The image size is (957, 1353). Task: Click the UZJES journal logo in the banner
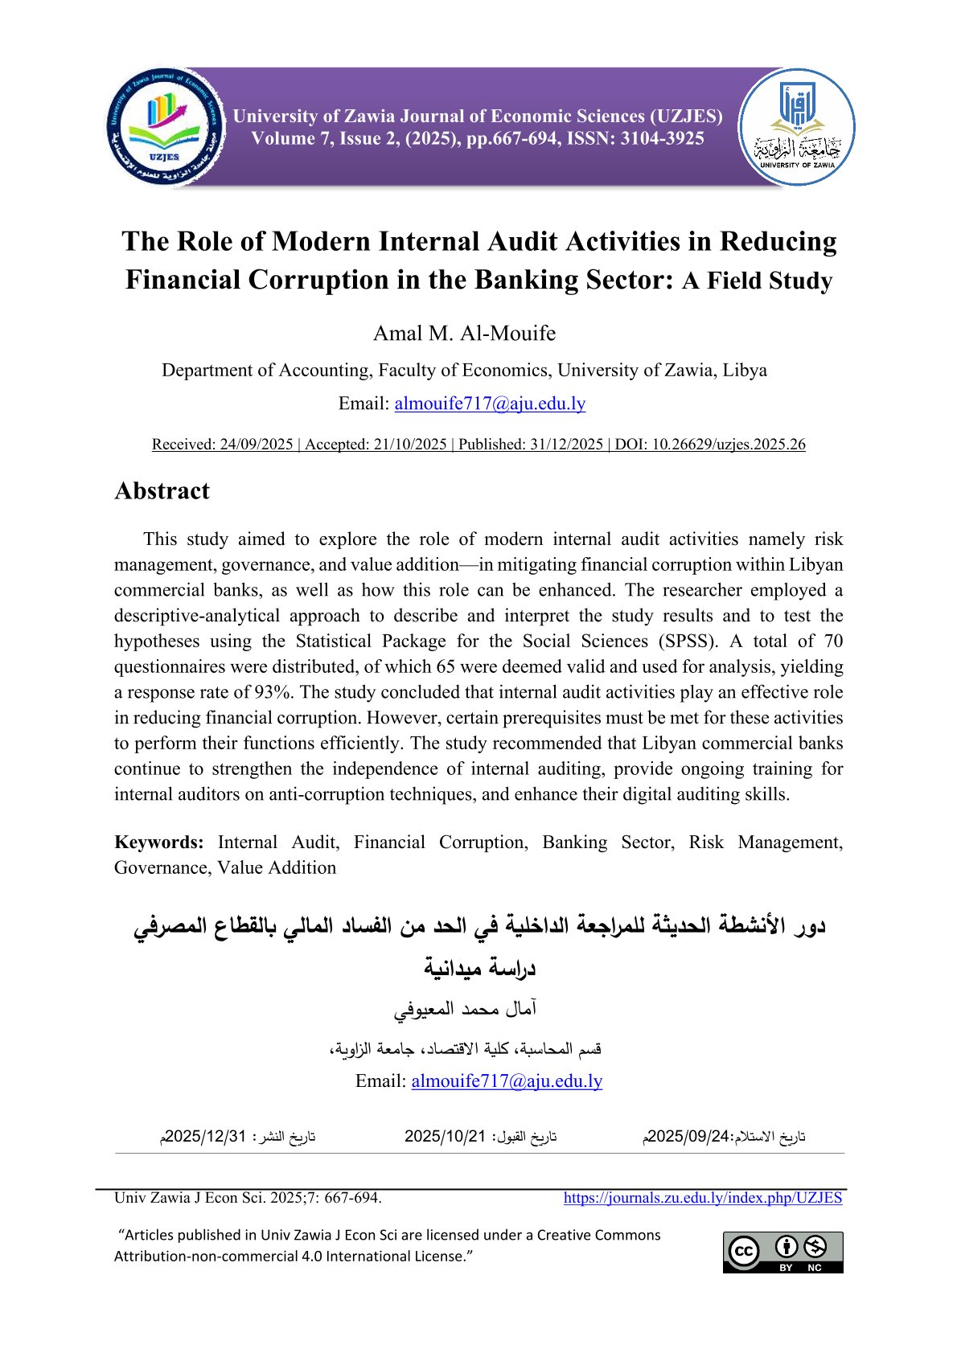tap(165, 128)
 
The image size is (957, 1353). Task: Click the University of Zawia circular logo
tap(796, 128)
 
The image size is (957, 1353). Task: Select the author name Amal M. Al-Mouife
tap(464, 333)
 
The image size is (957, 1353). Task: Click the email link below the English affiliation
tap(490, 404)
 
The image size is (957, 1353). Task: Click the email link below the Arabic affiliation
tap(507, 1081)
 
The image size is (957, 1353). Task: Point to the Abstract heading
tap(162, 491)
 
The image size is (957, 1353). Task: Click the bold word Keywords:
tap(159, 843)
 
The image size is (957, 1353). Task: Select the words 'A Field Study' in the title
tap(757, 281)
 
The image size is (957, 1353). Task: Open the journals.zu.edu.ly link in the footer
tap(702, 1198)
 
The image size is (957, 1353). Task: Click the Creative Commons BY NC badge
tap(782, 1252)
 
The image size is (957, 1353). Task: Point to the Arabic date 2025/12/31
tap(205, 1137)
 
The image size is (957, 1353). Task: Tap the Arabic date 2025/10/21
tap(445, 1137)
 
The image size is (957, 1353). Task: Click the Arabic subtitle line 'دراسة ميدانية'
tap(480, 967)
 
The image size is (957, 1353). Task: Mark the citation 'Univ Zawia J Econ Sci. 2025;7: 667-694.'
tap(248, 1198)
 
